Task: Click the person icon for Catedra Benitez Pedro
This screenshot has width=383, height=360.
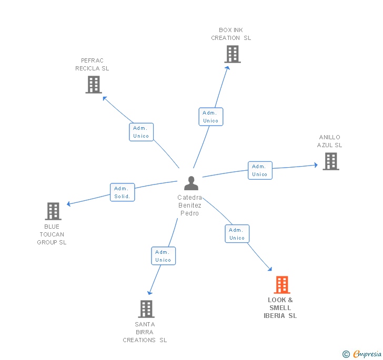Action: [x=191, y=183]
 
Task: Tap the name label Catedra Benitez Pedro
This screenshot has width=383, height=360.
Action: [x=189, y=205]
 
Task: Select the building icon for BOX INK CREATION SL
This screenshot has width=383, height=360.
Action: [x=232, y=54]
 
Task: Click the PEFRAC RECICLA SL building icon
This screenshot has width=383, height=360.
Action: [x=94, y=85]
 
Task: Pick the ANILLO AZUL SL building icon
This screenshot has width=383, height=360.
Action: [x=330, y=161]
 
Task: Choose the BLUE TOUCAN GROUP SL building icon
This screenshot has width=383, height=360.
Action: [x=53, y=211]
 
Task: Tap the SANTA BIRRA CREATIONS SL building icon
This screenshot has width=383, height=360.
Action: [x=146, y=309]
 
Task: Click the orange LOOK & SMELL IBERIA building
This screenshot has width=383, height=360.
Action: [x=282, y=285]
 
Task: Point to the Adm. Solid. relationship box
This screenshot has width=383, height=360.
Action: [x=123, y=192]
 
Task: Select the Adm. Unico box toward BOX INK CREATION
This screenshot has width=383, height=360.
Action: [x=210, y=117]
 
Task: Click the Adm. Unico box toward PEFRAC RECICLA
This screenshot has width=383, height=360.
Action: [x=141, y=132]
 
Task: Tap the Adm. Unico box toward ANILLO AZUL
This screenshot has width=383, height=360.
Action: [x=260, y=170]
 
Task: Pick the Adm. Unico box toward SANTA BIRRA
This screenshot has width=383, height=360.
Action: [x=163, y=256]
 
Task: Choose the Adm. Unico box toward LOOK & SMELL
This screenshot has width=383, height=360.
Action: [x=237, y=234]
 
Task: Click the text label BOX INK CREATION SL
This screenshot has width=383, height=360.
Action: [x=231, y=34]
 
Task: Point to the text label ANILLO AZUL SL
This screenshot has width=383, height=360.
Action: [x=329, y=141]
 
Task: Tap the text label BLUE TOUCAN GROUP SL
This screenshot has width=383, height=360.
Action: [x=52, y=234]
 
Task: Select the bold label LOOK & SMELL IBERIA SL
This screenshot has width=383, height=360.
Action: [x=280, y=308]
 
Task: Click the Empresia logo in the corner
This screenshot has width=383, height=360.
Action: [x=362, y=354]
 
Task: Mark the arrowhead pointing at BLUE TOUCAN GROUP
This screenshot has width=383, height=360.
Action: [x=68, y=204]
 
